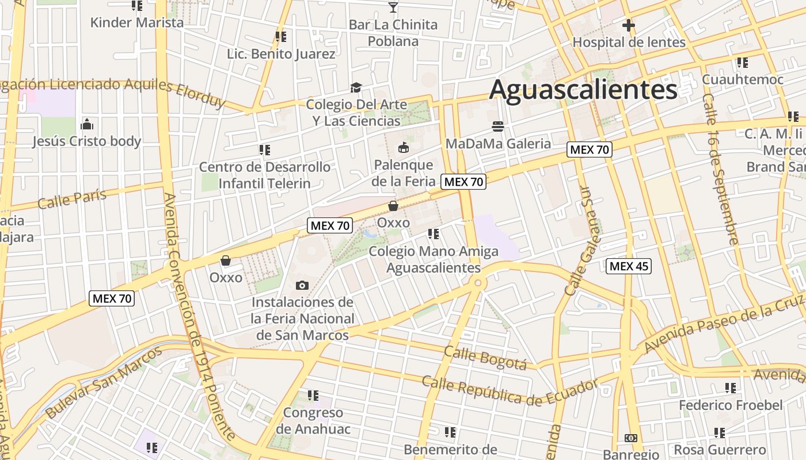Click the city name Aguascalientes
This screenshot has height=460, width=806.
pyautogui.click(x=583, y=90)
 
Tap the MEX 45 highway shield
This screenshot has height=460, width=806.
pyautogui.click(x=629, y=266)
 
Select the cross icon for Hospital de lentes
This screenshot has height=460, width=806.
pyautogui.click(x=628, y=25)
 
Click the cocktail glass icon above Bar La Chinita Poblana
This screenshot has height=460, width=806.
pyautogui.click(x=393, y=7)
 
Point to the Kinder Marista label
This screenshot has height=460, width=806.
pyautogui.click(x=137, y=23)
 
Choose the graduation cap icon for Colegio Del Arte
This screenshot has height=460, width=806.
pyautogui.click(x=356, y=88)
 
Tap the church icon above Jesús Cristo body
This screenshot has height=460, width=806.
pyautogui.click(x=87, y=124)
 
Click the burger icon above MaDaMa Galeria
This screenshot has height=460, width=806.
pyautogui.click(x=498, y=126)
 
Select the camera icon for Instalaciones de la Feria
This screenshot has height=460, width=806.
pyautogui.click(x=302, y=285)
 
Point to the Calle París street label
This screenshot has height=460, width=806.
pyautogui.click(x=73, y=198)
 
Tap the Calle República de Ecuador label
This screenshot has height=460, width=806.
pyautogui.click(x=510, y=391)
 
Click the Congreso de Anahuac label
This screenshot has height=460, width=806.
pyautogui.click(x=313, y=421)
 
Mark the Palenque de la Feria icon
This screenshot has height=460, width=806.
pyautogui.click(x=403, y=148)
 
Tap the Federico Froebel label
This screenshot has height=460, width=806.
pyautogui.click(x=731, y=405)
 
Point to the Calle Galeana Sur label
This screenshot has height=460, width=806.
pyautogui.click(x=583, y=241)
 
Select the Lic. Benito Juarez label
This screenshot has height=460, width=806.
pyautogui.click(x=281, y=54)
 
